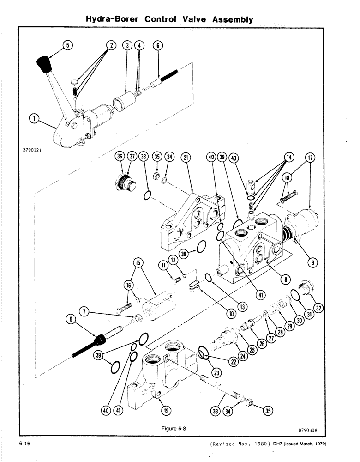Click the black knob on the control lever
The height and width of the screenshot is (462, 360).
(x=44, y=64)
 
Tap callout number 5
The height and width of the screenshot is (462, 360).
(x=67, y=45)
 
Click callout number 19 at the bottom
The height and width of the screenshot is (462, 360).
(x=164, y=410)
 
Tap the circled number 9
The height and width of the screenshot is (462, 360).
(x=312, y=263)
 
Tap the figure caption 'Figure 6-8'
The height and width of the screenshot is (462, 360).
(x=174, y=428)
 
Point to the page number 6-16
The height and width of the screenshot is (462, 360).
(x=25, y=444)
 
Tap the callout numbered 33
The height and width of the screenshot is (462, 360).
(x=215, y=410)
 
